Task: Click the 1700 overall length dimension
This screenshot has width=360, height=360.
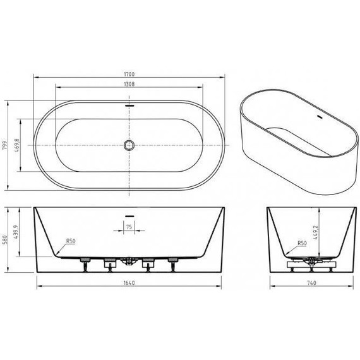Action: coord(129,74)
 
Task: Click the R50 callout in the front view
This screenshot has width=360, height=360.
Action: coord(71,241)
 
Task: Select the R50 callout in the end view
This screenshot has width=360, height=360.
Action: coord(301,242)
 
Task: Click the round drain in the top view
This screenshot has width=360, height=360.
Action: coord(129,145)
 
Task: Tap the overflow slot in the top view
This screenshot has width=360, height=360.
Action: coord(129,105)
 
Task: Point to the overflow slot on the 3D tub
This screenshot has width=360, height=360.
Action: coord(316,117)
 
